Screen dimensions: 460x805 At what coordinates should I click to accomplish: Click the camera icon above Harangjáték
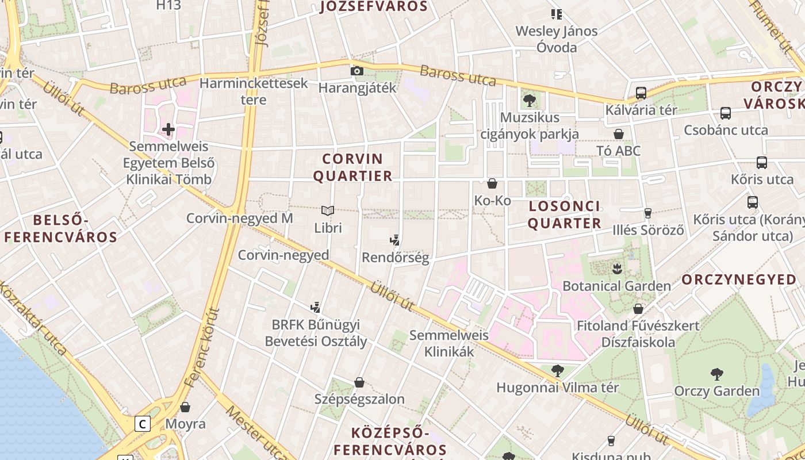click(x=357, y=71)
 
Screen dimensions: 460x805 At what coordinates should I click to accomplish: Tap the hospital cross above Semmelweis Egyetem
click(x=168, y=129)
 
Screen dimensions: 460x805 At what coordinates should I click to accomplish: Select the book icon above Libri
click(x=328, y=211)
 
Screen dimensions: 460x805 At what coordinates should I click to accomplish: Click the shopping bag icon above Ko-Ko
click(x=492, y=183)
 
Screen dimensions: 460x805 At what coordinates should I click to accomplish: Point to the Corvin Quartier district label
click(x=353, y=167)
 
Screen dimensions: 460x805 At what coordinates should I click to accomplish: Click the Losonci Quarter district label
click(x=564, y=214)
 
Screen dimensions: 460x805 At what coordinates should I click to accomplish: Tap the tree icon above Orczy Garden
click(x=716, y=374)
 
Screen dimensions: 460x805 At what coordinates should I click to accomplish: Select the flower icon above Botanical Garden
click(x=616, y=269)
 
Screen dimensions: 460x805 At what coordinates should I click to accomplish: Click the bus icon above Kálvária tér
click(x=641, y=93)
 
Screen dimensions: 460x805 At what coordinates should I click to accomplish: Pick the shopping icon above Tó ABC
click(x=619, y=134)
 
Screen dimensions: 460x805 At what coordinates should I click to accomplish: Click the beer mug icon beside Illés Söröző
click(x=648, y=213)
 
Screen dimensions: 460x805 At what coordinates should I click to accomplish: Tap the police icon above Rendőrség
click(x=395, y=240)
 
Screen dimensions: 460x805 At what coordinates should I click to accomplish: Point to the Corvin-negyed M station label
click(x=240, y=218)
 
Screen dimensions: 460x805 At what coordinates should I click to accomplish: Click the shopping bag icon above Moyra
click(x=185, y=407)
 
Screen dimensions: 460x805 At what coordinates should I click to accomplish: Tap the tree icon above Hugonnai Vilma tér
click(x=557, y=371)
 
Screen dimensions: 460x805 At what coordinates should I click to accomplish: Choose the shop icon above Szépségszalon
click(x=359, y=382)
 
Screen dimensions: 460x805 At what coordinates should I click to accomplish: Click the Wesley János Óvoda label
click(x=556, y=39)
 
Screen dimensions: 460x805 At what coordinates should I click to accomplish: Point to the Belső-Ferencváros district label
click(x=61, y=228)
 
